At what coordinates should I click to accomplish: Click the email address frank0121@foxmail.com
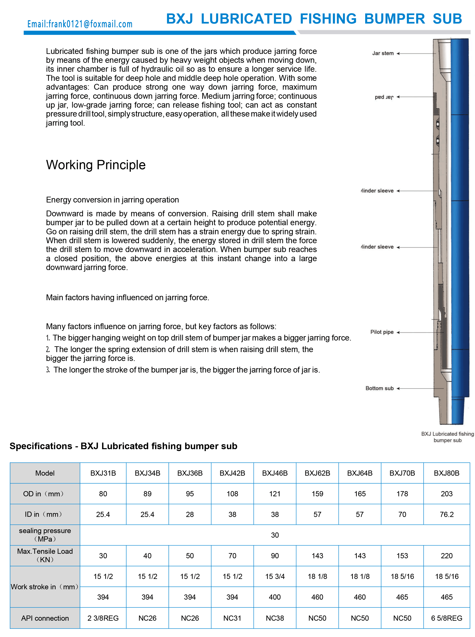pyautogui.click(x=80, y=24)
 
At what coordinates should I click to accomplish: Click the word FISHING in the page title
pyautogui.click(x=328, y=19)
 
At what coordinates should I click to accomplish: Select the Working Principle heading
pyautogui.click(x=96, y=165)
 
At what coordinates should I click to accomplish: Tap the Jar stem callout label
pyautogui.click(x=383, y=53)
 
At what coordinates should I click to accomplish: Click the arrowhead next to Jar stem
pyautogui.click(x=398, y=54)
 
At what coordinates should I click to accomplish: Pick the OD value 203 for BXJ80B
pyautogui.click(x=446, y=494)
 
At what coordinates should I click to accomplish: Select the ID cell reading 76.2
pyautogui.click(x=446, y=514)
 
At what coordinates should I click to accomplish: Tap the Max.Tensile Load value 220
pyautogui.click(x=446, y=556)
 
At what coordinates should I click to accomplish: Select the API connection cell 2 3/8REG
pyautogui.click(x=103, y=618)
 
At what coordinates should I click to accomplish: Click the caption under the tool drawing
pyautogui.click(x=447, y=437)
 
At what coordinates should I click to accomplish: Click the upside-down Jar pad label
pyautogui.click(x=384, y=97)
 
